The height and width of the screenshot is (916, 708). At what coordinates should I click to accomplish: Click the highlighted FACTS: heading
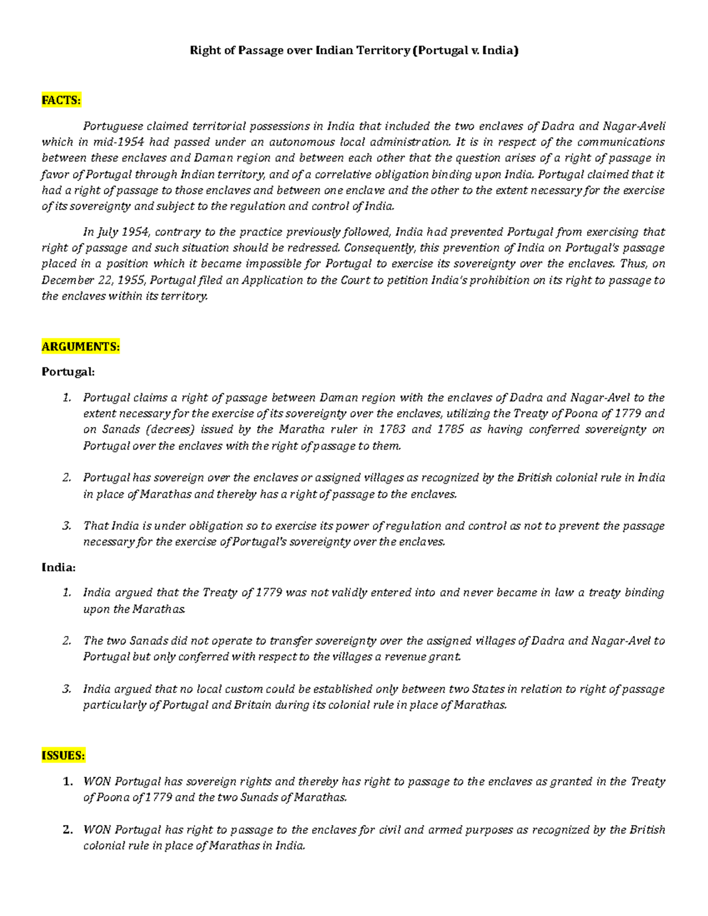coord(61,100)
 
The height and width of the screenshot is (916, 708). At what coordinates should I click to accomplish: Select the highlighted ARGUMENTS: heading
coord(80,346)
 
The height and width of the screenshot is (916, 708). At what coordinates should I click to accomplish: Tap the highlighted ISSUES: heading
coord(63,756)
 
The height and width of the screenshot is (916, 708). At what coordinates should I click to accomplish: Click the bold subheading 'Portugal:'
coord(68,372)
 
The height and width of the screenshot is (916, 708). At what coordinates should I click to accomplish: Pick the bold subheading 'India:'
coord(58,567)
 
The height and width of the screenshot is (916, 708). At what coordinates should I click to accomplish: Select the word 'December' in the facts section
coord(65,280)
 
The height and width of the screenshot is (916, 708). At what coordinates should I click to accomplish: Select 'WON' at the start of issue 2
coord(97,830)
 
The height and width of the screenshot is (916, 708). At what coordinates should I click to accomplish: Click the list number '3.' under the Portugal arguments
coord(67,526)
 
